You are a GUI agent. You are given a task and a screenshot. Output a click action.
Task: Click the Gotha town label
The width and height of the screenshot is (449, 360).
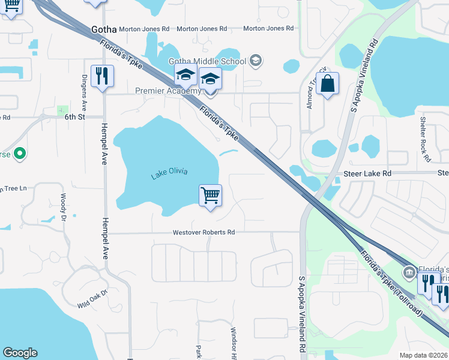103,28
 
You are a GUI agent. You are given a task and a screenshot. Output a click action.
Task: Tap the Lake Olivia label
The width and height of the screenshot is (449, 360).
169,172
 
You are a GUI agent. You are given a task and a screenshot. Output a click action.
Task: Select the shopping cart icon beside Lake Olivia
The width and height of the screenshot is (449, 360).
210,194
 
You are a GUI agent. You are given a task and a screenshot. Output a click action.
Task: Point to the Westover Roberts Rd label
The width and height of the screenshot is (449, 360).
203,232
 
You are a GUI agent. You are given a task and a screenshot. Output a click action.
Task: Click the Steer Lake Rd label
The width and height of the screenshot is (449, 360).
367,173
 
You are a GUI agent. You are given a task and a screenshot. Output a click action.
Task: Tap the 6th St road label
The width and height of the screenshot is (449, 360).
76,118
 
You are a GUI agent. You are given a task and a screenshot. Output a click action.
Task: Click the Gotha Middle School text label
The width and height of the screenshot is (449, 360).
207,61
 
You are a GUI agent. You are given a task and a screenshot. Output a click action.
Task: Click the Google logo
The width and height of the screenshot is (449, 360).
20,353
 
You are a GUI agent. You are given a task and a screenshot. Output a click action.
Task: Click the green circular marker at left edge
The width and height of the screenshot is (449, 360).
20,154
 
